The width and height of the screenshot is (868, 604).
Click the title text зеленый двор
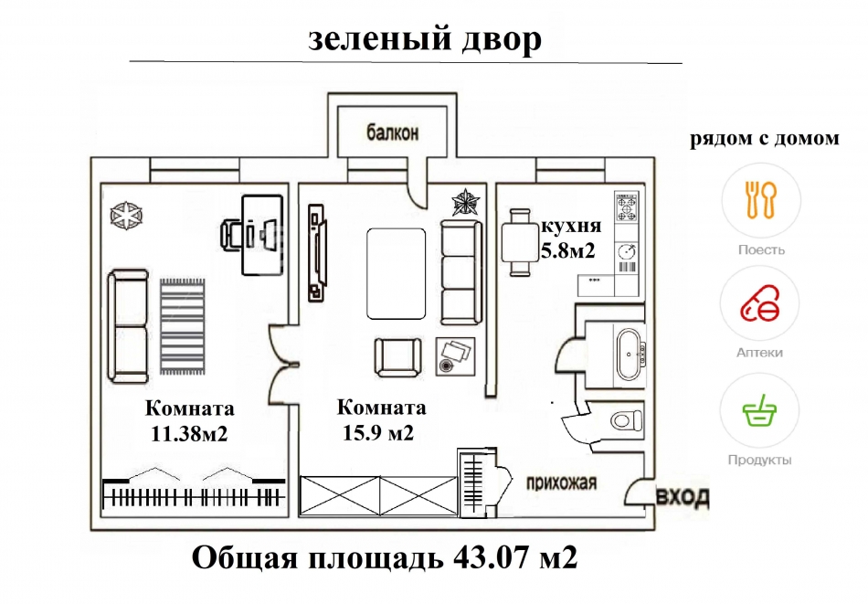pos(424,39)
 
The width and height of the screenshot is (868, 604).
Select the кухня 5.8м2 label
pos(570,238)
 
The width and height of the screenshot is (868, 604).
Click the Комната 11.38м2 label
pos(189,421)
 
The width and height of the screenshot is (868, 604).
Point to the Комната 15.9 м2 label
pos(381,420)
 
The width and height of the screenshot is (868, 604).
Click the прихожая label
pos(561,482)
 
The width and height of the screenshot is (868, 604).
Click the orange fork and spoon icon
pos(759,200)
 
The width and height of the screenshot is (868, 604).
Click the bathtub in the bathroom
pos(629,354)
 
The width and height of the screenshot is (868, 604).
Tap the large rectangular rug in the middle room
pos(397,273)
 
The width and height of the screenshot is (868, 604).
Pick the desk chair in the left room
pos(234,235)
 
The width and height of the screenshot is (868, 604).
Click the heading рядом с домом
pos(763,139)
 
